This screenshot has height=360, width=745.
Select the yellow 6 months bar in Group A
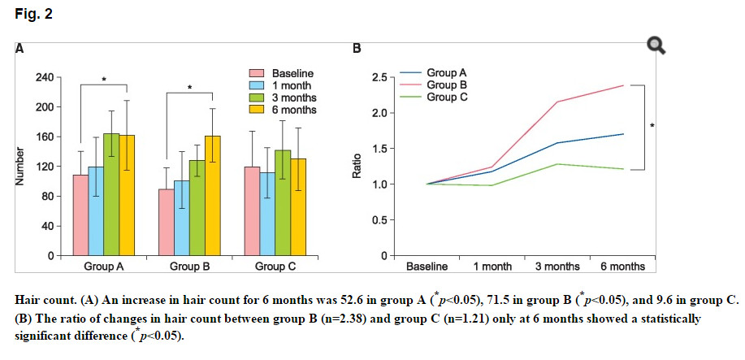click(128, 195)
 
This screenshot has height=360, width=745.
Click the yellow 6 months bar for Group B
click(213, 195)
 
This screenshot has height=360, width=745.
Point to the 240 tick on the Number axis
click(45, 77)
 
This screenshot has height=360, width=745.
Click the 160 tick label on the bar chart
click(45, 137)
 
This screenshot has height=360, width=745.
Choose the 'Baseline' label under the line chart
click(427, 267)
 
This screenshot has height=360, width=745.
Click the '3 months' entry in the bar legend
click(293, 98)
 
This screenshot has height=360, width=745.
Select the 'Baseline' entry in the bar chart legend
click(292, 73)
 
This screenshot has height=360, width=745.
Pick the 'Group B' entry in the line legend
click(443, 85)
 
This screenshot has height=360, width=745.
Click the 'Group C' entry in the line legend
click(443, 97)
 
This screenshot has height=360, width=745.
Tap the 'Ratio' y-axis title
click(356, 166)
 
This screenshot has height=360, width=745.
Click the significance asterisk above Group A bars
click(104, 80)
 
